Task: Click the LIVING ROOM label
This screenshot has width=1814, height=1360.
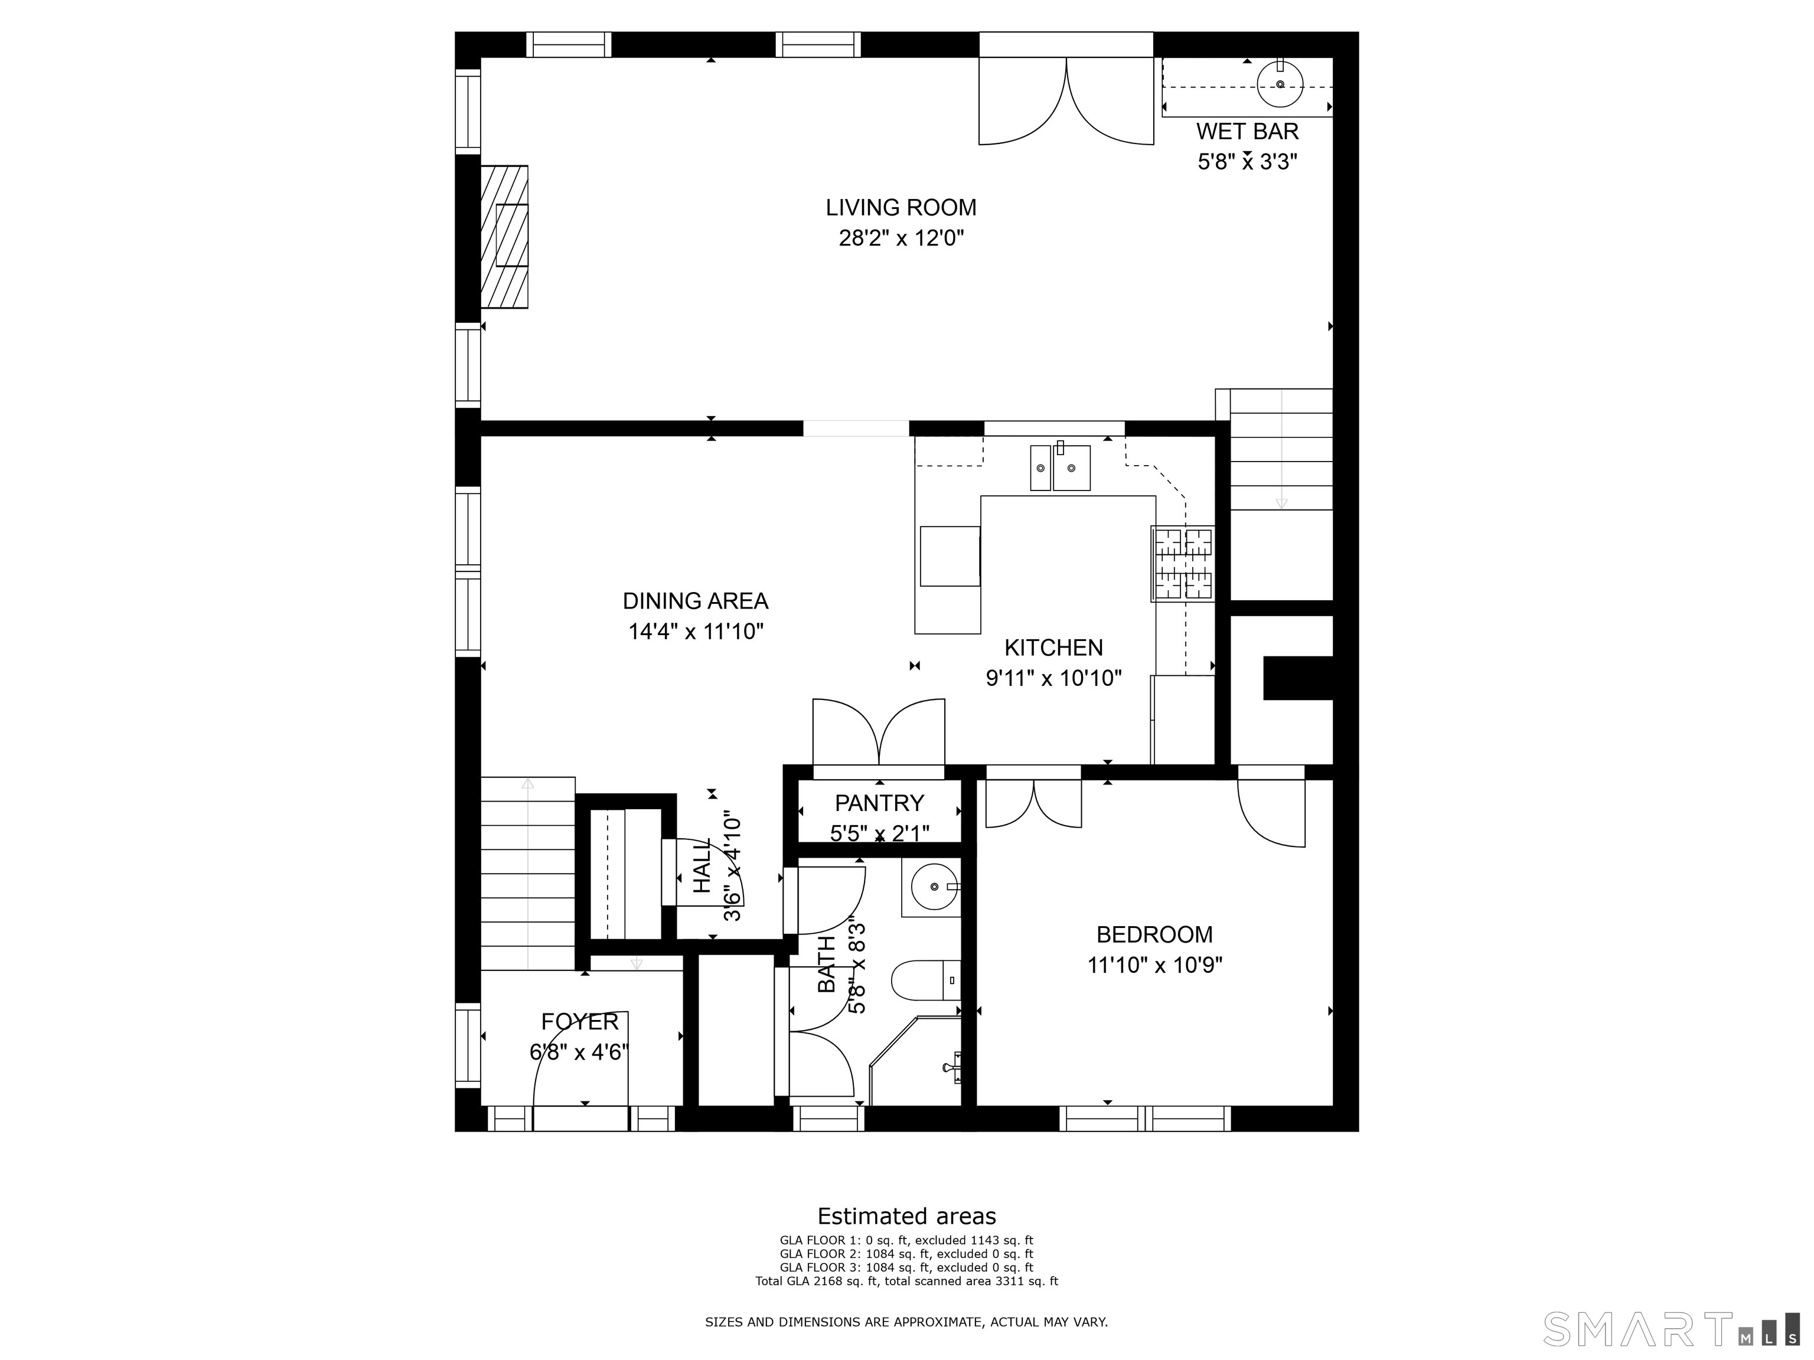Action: [x=901, y=207]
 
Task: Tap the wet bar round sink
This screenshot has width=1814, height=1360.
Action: [x=1280, y=84]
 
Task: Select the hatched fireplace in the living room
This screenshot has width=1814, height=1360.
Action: [x=504, y=237]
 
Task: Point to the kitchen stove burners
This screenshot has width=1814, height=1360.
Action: [x=1183, y=563]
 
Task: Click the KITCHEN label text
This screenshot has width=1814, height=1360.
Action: [x=1054, y=648]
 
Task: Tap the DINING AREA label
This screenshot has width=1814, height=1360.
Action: [x=696, y=601]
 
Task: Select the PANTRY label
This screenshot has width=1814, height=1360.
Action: [x=879, y=803]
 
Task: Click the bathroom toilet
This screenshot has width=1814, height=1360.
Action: [x=926, y=980]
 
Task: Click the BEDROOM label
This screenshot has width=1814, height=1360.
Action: [x=1154, y=934]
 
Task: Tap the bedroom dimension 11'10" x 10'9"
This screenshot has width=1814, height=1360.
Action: [x=1154, y=966]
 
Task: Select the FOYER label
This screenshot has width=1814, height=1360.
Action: [x=580, y=1021]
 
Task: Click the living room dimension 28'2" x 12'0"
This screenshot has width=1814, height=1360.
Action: [x=901, y=238]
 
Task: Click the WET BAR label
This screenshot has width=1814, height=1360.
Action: [x=1247, y=131]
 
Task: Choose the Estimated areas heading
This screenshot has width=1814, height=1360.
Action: [x=906, y=1217]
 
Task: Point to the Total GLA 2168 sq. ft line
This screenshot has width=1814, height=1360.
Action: [x=906, y=1281]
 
